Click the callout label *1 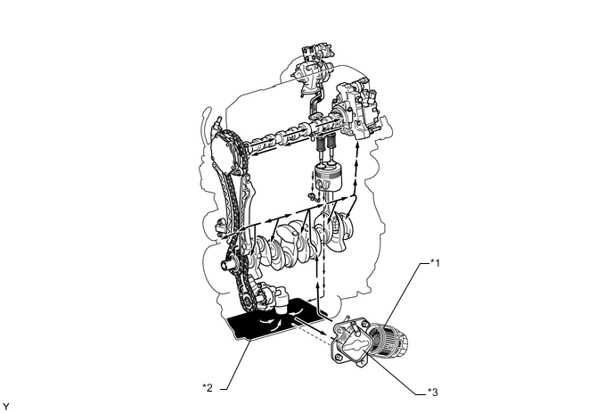pos(436,261)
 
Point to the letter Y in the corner pos(6,406)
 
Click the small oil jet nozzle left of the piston pos(306,193)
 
